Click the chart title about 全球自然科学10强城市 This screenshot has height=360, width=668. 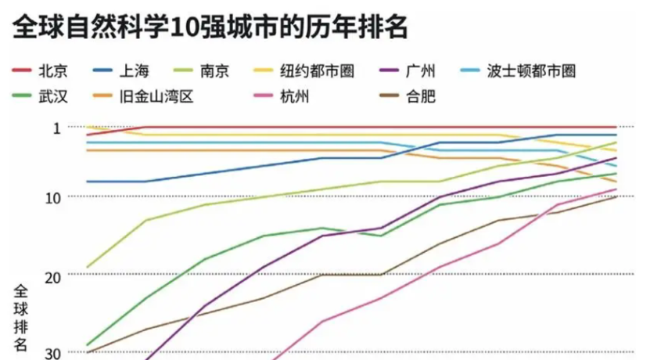(210, 28)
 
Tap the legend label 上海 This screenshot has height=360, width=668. (134, 71)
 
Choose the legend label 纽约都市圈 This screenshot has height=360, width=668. (317, 71)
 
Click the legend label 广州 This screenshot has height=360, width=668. (421, 71)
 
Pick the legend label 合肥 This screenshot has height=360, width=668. (421, 97)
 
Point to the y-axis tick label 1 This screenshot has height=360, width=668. (56, 127)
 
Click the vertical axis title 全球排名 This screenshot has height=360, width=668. (21, 316)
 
